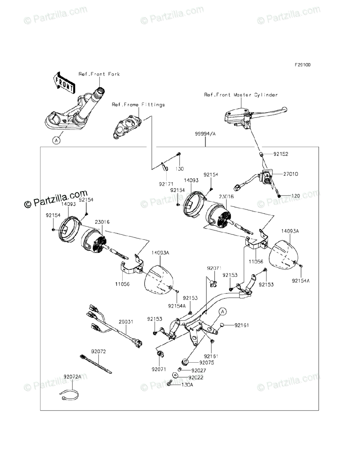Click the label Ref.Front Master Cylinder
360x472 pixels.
click(241, 95)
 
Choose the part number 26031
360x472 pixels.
click(126, 321)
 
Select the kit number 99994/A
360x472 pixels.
click(205, 134)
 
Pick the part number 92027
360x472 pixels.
click(198, 371)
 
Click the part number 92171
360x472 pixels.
click(165, 184)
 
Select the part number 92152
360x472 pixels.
click(281, 154)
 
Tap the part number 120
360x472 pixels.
click(296, 195)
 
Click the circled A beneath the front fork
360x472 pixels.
click(57, 140)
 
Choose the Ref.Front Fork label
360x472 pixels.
click(99, 74)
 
